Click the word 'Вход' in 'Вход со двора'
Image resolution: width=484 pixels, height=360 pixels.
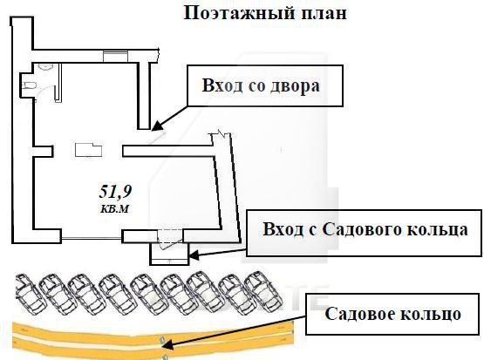pyautogui.click(x=220, y=88)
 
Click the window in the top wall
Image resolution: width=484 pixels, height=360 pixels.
pyautogui.click(x=114, y=56)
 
